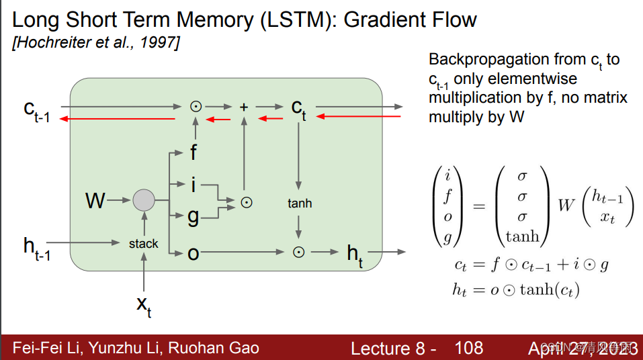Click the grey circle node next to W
coord(143,200)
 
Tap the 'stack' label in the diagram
coord(143,244)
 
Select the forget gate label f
coord(194,152)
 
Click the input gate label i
coord(193,183)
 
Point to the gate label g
coord(193,216)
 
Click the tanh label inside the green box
coord(299,203)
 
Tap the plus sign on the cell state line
coord(244,106)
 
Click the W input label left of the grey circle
coord(95,200)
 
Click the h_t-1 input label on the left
coord(36,248)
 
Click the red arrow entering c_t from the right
coord(359,117)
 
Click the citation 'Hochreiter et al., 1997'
coord(95,43)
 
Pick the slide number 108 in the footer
coord(468,347)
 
